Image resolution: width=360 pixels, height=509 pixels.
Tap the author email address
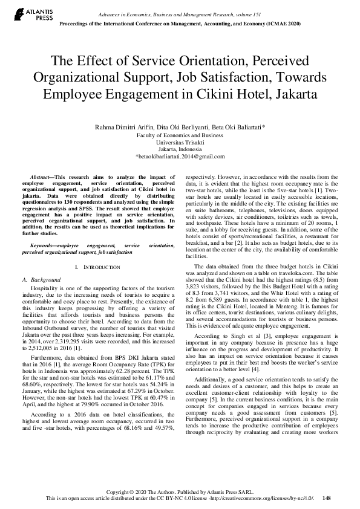point(180,157)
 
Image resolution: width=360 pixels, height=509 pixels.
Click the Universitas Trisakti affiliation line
point(180,142)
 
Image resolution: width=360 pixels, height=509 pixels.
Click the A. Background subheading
point(42,280)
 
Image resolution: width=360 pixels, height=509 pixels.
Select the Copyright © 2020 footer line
point(180,491)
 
